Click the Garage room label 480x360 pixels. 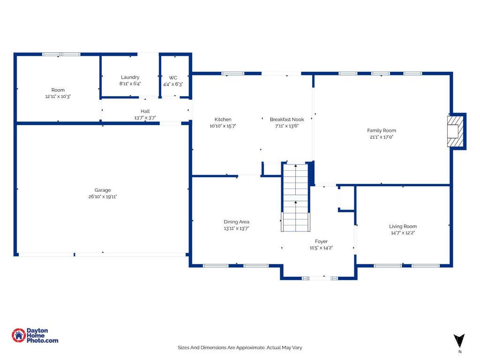103,190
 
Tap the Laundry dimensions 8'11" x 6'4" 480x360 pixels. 130,83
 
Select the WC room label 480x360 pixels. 173,78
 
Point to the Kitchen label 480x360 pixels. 223,120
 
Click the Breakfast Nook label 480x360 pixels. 287,120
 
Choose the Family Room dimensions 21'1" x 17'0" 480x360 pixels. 382,137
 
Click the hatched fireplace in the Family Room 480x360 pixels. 455,131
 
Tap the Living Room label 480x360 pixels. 403,226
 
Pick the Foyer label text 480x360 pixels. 321,241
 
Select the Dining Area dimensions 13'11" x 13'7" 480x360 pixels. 236,228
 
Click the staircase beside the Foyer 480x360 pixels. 295,197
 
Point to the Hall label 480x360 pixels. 145,111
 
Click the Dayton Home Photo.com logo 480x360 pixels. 35,336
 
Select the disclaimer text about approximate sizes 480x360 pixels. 240,348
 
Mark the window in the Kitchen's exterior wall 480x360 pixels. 232,74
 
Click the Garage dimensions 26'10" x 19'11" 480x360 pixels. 103,196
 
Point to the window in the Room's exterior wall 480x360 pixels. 61,54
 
